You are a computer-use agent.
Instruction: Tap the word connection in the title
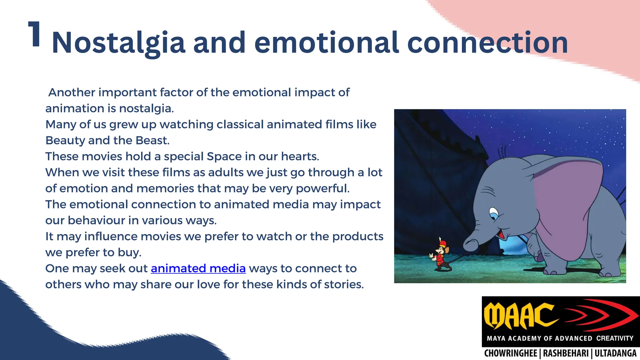point(487,43)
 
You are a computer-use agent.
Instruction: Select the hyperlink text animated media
point(198,268)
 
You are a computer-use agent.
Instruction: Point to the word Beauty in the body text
point(65,141)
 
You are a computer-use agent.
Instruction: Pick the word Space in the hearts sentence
point(224,157)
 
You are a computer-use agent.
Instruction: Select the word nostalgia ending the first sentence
point(146,108)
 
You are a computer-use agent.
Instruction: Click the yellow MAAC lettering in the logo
point(520,316)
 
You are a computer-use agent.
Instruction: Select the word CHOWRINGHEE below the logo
point(510,353)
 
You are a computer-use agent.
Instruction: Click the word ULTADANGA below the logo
point(615,353)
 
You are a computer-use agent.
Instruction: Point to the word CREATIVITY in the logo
point(614,338)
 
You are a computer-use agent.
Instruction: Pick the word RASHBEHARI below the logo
point(566,353)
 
